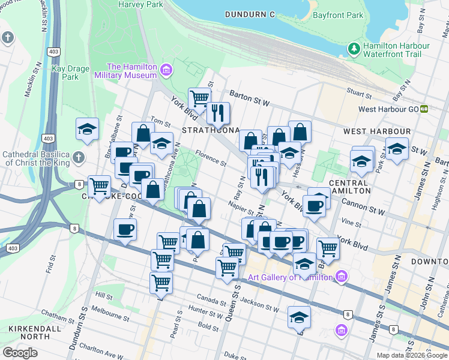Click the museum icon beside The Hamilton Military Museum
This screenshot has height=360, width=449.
pyautogui.click(x=166, y=71)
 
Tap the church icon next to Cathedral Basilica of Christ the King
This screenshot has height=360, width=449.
pyautogui.click(x=78, y=159)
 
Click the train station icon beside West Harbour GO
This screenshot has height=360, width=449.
pyautogui.click(x=424, y=109)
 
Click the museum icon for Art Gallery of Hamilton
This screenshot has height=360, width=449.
pyautogui.click(x=342, y=277)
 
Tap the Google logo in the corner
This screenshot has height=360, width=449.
pyautogui.click(x=20, y=353)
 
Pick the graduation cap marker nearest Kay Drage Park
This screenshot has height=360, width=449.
pyautogui.click(x=87, y=130)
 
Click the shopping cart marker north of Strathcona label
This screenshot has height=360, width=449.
pyautogui.click(x=199, y=98)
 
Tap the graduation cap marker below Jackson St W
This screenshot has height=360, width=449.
pyautogui.click(x=299, y=317)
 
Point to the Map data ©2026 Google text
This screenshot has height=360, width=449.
pyautogui.click(x=412, y=355)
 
